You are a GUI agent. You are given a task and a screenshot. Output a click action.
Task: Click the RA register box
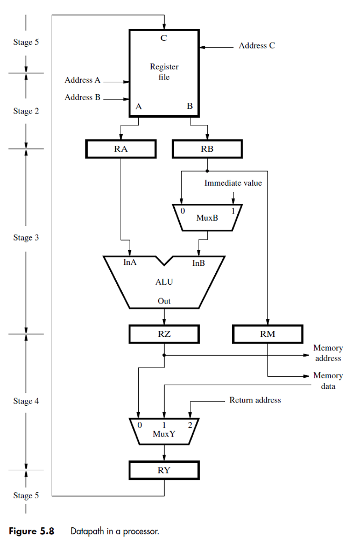[x=121, y=149]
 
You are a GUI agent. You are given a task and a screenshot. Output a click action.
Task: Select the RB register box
[x=207, y=149]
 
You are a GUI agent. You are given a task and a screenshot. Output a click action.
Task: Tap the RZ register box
[x=164, y=334]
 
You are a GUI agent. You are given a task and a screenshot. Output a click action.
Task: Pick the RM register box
[x=267, y=334]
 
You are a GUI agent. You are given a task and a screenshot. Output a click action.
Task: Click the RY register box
[x=164, y=470]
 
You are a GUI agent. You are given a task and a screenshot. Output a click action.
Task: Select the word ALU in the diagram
[x=164, y=281]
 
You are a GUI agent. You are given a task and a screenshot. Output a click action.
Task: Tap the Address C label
[x=257, y=46]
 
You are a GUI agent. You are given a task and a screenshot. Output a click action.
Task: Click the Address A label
[x=82, y=80]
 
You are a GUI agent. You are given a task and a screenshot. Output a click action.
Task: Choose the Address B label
[x=82, y=97]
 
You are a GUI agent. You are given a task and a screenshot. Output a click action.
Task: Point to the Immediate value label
[x=233, y=183]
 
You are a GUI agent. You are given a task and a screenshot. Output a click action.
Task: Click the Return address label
[x=255, y=400]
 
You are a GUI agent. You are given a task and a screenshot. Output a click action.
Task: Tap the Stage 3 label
[x=26, y=237]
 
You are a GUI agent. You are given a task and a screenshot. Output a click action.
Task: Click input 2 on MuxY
[x=189, y=425]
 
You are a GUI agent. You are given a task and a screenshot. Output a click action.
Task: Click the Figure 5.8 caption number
[x=32, y=531]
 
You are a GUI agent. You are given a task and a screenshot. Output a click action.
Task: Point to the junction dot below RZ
[x=164, y=355]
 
